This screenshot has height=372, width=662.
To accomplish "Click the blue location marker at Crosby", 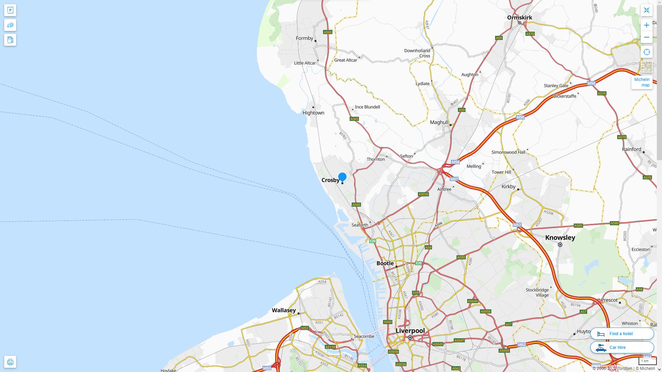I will coord(342,177).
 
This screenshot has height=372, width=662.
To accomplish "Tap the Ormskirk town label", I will coord(520,18).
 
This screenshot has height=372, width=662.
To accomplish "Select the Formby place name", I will coord(304,38).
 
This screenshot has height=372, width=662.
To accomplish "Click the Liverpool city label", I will coord(410,331).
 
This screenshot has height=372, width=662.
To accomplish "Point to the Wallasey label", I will coord(284,310).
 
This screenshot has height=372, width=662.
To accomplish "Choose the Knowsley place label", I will coord(560,238).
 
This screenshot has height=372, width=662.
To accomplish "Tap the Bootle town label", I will coord(385,263).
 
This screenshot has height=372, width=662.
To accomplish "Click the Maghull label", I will coord(439,122).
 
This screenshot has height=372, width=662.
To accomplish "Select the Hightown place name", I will coord(313,113).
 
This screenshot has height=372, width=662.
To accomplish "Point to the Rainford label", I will coord(631,149).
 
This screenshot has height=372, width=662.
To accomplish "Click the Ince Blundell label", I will coord(367,107).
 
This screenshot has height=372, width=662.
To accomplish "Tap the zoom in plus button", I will coord(646,25).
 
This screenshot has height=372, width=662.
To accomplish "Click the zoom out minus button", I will coord(646,37).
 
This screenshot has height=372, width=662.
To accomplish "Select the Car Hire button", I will coord(622,347).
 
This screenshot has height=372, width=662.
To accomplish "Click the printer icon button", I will coord(10,362).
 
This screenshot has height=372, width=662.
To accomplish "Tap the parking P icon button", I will coord(10,10).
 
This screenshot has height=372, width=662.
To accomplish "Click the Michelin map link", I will coord(642,82).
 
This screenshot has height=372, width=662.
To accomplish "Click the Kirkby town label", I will coord(509,187).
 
